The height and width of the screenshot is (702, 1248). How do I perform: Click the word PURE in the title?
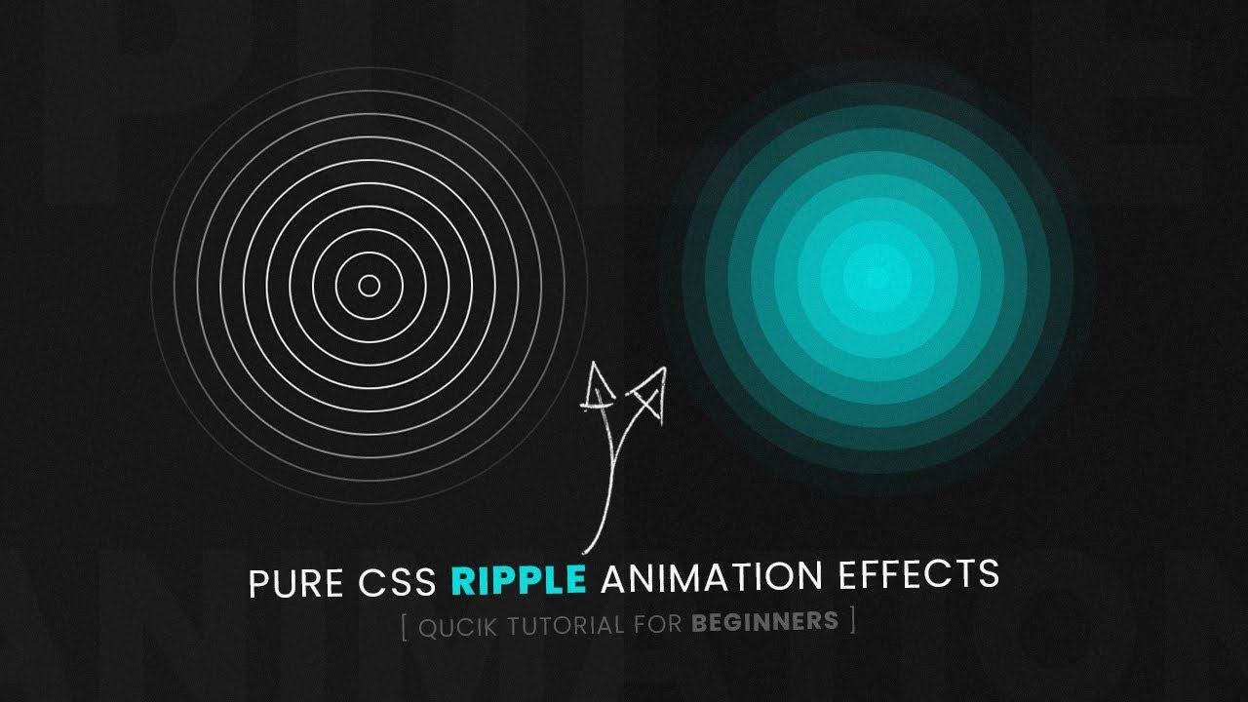289,582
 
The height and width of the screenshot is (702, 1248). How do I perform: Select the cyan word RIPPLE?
518,580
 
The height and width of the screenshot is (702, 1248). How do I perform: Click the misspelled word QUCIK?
458,626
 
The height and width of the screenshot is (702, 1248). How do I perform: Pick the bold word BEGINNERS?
764,620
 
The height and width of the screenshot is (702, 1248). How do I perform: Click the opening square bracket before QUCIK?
404,626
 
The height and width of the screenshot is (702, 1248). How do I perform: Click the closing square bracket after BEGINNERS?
852,619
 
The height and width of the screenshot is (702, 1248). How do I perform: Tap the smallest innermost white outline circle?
369,286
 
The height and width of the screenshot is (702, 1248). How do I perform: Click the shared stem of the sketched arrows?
605,487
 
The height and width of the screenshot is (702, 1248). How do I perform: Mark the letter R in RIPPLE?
461,580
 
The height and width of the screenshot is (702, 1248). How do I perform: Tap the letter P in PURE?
258,583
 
